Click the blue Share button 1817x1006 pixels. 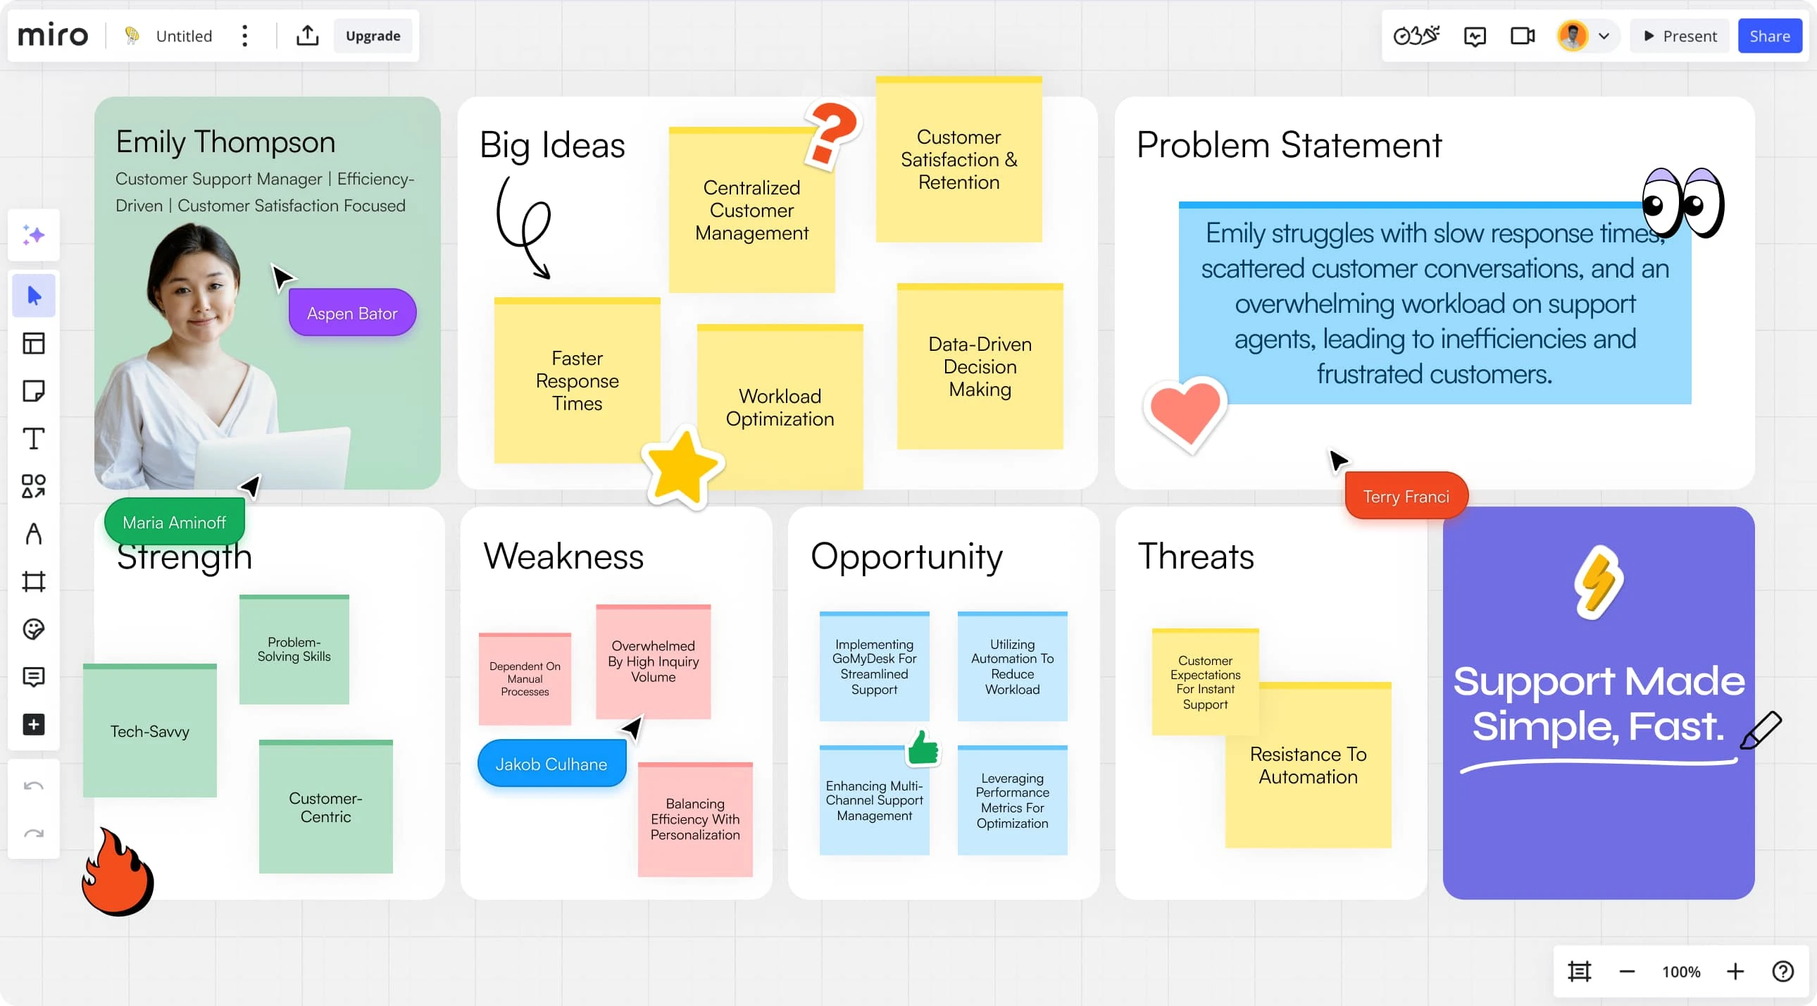[x=1769, y=36]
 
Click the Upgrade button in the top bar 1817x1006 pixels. [x=373, y=36]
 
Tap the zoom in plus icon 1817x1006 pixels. [x=1735, y=971]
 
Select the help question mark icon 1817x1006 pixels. [x=1782, y=971]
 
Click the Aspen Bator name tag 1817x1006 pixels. [x=352, y=313]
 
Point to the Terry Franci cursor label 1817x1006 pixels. [x=1406, y=496]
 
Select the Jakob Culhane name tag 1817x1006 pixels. [x=551, y=764]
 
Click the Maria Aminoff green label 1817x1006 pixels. [x=174, y=522]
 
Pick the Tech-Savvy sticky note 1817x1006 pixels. [x=149, y=730]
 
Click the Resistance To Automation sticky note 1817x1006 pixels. [x=1309, y=766]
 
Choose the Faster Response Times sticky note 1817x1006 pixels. [x=577, y=380]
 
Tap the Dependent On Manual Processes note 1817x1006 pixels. [x=525, y=678]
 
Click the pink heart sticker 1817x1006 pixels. [x=1185, y=414]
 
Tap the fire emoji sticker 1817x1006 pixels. [x=118, y=872]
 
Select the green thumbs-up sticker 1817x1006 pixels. [x=923, y=747]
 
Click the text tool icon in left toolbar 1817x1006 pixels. [x=34, y=438]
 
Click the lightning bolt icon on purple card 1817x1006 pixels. [x=1599, y=581]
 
